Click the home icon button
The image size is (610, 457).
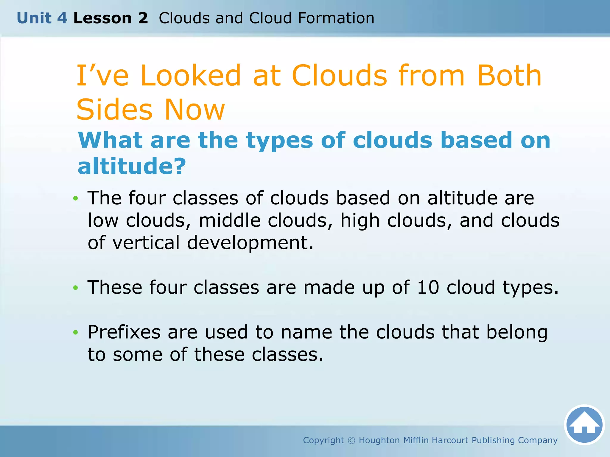tap(584, 425)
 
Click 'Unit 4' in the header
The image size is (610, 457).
tap(42, 18)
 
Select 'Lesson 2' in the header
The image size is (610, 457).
tap(111, 18)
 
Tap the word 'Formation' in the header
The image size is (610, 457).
tap(336, 18)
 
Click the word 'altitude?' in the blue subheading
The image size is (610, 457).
tap(132, 166)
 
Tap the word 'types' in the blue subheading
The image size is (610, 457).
tap(279, 140)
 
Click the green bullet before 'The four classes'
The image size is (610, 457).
tap(76, 198)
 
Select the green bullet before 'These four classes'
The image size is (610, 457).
tap(76, 288)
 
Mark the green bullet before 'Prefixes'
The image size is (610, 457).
tap(76, 332)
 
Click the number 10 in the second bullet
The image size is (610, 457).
tap(428, 287)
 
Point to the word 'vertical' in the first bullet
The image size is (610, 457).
tap(146, 242)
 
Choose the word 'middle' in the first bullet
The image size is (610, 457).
tap(229, 220)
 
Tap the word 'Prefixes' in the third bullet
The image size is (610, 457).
tap(124, 332)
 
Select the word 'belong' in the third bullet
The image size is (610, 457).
tap(517, 333)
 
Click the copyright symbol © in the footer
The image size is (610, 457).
tap(351, 440)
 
